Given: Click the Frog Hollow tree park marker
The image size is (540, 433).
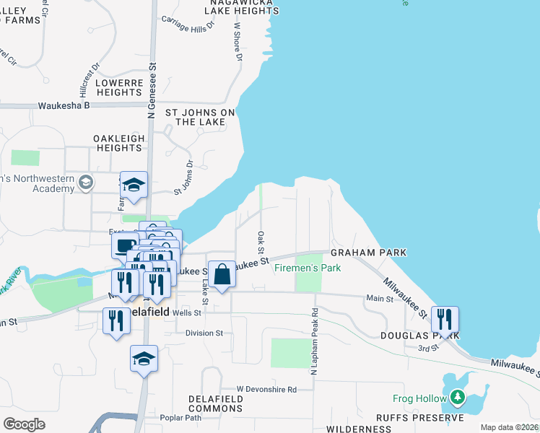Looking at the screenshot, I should coord(457,397).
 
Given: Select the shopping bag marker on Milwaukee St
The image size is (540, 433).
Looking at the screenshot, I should coord(222,274).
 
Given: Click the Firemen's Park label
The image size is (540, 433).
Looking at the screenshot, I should coord(308,268).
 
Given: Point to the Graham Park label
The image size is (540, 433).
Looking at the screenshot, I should coord(368,253).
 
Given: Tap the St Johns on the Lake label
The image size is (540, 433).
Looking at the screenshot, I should coord(200,117).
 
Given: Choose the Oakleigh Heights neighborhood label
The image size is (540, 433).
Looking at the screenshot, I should coord(118,142).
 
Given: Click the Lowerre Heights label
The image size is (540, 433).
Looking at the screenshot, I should coord(120,87).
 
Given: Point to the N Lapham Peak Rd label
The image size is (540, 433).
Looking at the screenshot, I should coord(315,341).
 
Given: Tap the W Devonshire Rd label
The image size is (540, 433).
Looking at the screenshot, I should coord(266,390).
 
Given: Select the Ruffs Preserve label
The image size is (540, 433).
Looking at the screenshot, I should coord(419,418).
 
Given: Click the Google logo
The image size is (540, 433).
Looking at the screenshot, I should coord(24,424).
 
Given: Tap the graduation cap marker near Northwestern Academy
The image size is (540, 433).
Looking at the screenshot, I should coord(134,185).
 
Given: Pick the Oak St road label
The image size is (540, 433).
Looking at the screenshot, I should coord(260,237).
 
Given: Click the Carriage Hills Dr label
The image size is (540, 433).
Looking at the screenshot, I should coord(189,25).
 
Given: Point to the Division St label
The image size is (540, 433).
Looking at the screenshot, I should coord(204,333).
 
